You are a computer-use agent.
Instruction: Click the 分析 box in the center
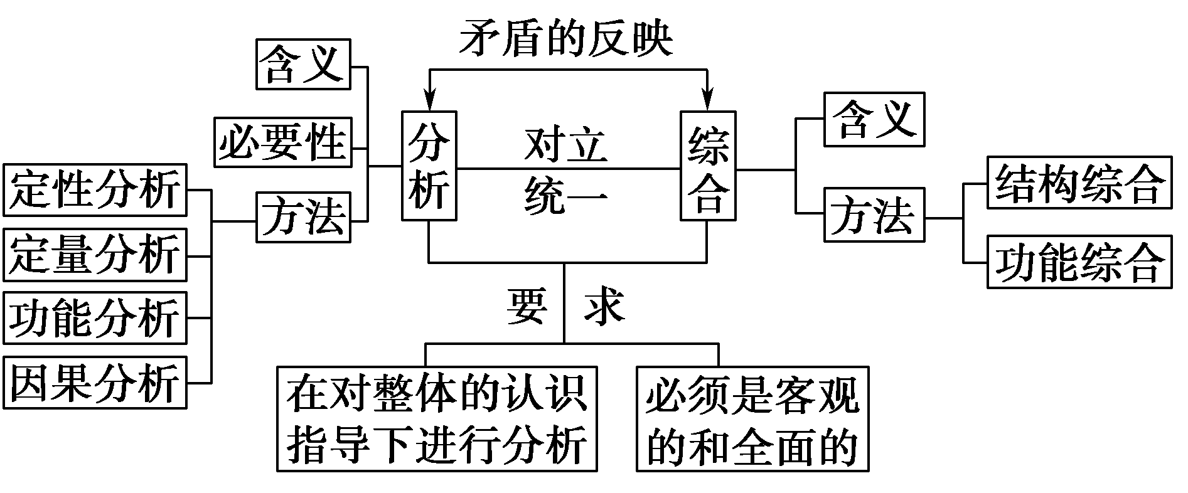click(429, 166)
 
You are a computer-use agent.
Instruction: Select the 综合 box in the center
click(709, 166)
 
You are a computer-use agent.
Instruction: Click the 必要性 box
click(283, 142)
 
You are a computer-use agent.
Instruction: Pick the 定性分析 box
click(95, 189)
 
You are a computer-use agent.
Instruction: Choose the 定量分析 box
click(95, 255)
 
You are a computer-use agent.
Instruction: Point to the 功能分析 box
click(95, 318)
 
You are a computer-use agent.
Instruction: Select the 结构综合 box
click(1079, 183)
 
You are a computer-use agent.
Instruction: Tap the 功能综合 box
click(1079, 262)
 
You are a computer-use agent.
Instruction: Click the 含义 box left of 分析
click(304, 64)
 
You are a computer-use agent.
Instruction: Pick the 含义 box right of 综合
click(874, 119)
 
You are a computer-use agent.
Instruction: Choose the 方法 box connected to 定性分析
click(304, 217)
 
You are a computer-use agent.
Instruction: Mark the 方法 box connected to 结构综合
click(874, 215)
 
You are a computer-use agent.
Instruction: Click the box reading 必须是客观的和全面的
click(752, 419)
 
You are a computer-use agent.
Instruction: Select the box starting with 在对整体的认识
click(437, 419)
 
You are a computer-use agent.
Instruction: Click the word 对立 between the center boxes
click(566, 146)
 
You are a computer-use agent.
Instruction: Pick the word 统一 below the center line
click(566, 194)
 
